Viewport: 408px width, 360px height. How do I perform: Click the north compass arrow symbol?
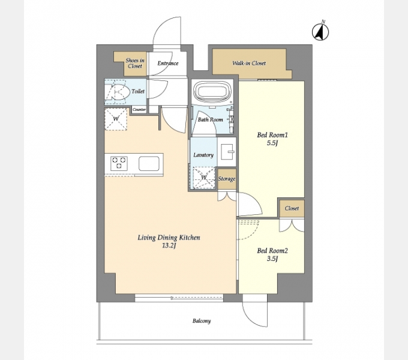click(x=320, y=32)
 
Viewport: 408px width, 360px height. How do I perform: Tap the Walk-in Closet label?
click(x=249, y=63)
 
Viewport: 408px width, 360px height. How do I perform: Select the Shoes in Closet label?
click(x=135, y=63)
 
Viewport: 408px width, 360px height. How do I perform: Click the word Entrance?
click(x=168, y=63)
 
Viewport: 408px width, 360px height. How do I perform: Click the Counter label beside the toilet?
click(x=139, y=110)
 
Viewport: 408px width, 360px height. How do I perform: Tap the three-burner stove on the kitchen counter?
click(x=119, y=163)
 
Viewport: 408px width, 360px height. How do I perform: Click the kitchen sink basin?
click(x=149, y=164)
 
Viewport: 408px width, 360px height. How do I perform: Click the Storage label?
click(x=227, y=179)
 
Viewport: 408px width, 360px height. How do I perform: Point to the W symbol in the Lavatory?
click(x=204, y=178)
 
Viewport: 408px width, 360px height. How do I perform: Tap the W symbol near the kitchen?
click(x=116, y=119)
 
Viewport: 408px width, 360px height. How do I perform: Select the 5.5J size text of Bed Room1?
click(x=272, y=143)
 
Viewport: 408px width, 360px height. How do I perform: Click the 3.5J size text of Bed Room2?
click(x=272, y=259)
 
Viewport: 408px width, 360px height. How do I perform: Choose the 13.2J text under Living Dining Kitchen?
click(x=169, y=245)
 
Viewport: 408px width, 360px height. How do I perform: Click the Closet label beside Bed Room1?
click(x=292, y=208)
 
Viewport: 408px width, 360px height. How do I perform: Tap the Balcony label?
click(x=202, y=321)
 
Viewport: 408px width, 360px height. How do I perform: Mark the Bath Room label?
click(x=210, y=119)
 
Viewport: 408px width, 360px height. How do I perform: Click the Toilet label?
click(x=138, y=91)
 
